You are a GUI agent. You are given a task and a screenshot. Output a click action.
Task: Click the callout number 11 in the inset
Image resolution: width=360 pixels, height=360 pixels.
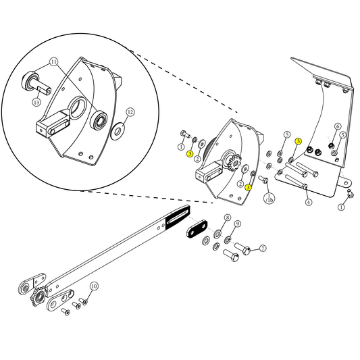(x=54, y=62)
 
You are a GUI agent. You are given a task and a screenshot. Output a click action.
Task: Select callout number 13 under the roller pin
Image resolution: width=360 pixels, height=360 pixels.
(x=36, y=102)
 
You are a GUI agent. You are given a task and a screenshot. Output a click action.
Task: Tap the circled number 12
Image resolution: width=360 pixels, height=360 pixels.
(x=130, y=112)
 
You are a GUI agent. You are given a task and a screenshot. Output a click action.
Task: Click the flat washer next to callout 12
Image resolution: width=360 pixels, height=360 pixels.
(x=118, y=128)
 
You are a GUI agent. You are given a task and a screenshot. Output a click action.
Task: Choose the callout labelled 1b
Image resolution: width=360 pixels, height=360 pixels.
(x=269, y=199)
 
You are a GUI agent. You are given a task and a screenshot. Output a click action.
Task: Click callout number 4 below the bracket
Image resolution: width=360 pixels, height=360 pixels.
(x=308, y=201)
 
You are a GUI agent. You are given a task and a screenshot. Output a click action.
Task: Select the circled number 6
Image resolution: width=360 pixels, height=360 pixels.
(x=337, y=126)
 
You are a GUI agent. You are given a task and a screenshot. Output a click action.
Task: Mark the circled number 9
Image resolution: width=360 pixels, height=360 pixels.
(x=237, y=224)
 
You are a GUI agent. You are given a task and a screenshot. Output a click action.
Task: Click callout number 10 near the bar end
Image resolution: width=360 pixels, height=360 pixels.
(x=94, y=286)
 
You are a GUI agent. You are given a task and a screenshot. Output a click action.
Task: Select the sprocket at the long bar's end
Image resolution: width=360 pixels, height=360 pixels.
(x=38, y=297)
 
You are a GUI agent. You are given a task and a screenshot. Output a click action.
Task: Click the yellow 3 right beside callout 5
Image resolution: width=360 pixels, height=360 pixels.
(x=298, y=140)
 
